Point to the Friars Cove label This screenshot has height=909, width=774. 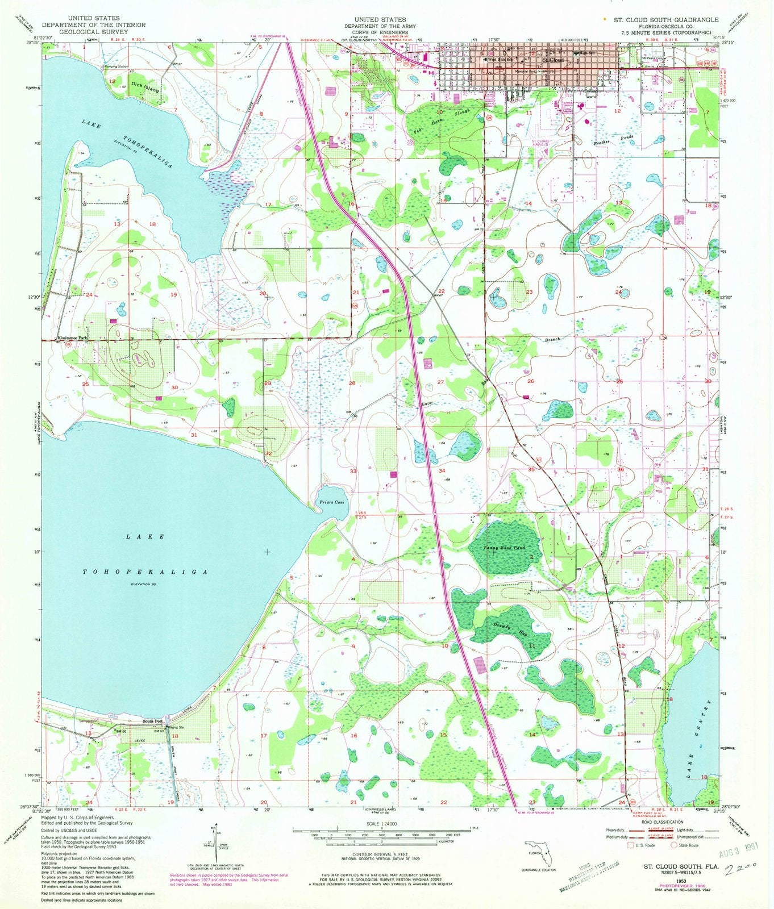(x=332, y=502)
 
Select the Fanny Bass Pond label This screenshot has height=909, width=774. (x=503, y=548)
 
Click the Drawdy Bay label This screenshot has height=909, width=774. (x=504, y=630)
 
